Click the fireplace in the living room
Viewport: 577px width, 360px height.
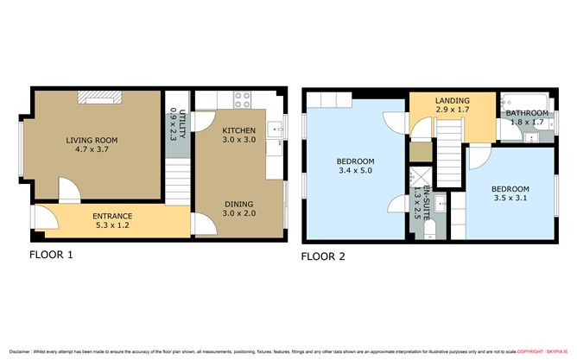pyautogui.click(x=94, y=98)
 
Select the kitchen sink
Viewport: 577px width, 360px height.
pyautogui.click(x=276, y=130)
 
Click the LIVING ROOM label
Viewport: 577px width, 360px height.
pyautogui.click(x=93, y=141)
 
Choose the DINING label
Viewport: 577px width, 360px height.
pyautogui.click(x=238, y=204)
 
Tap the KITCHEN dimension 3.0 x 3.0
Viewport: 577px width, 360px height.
pyautogui.click(x=239, y=139)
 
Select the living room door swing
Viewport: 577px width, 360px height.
pyautogui.click(x=69, y=189)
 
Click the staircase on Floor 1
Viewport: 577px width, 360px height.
pyautogui.click(x=175, y=181)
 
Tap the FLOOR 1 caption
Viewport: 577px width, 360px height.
pyautogui.click(x=52, y=255)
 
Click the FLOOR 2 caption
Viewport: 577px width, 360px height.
pyautogui.click(x=322, y=256)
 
